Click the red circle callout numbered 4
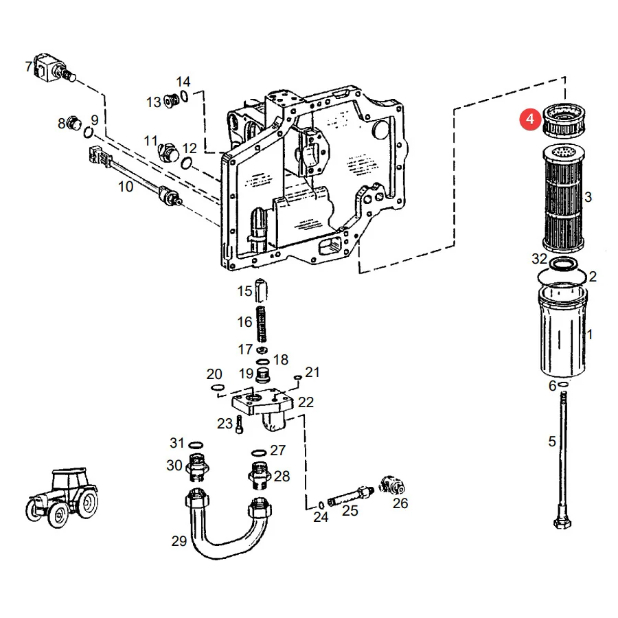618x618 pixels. click(530, 119)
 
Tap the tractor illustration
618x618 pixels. click(62, 498)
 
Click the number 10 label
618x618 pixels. click(126, 186)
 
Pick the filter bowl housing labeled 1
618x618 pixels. click(562, 330)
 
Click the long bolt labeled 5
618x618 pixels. click(563, 460)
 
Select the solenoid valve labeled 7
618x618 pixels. click(55, 68)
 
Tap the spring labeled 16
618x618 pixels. click(262, 324)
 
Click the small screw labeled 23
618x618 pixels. click(239, 425)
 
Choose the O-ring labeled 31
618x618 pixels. click(196, 446)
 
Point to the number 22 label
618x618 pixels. click(306, 402)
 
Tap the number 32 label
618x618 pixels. click(539, 259)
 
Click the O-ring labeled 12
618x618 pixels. click(187, 162)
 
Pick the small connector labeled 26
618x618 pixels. click(392, 485)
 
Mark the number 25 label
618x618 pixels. click(350, 511)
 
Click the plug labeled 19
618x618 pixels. click(262, 375)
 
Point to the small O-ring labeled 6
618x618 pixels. click(563, 385)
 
